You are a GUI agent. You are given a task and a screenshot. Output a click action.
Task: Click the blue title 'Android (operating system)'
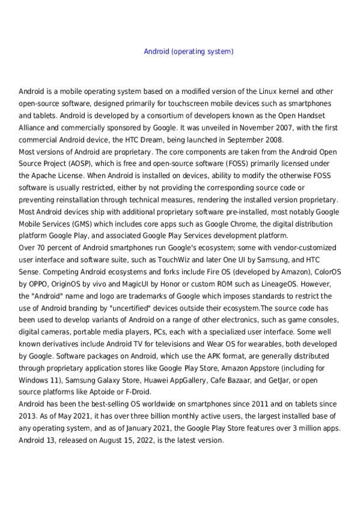click(x=188, y=52)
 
